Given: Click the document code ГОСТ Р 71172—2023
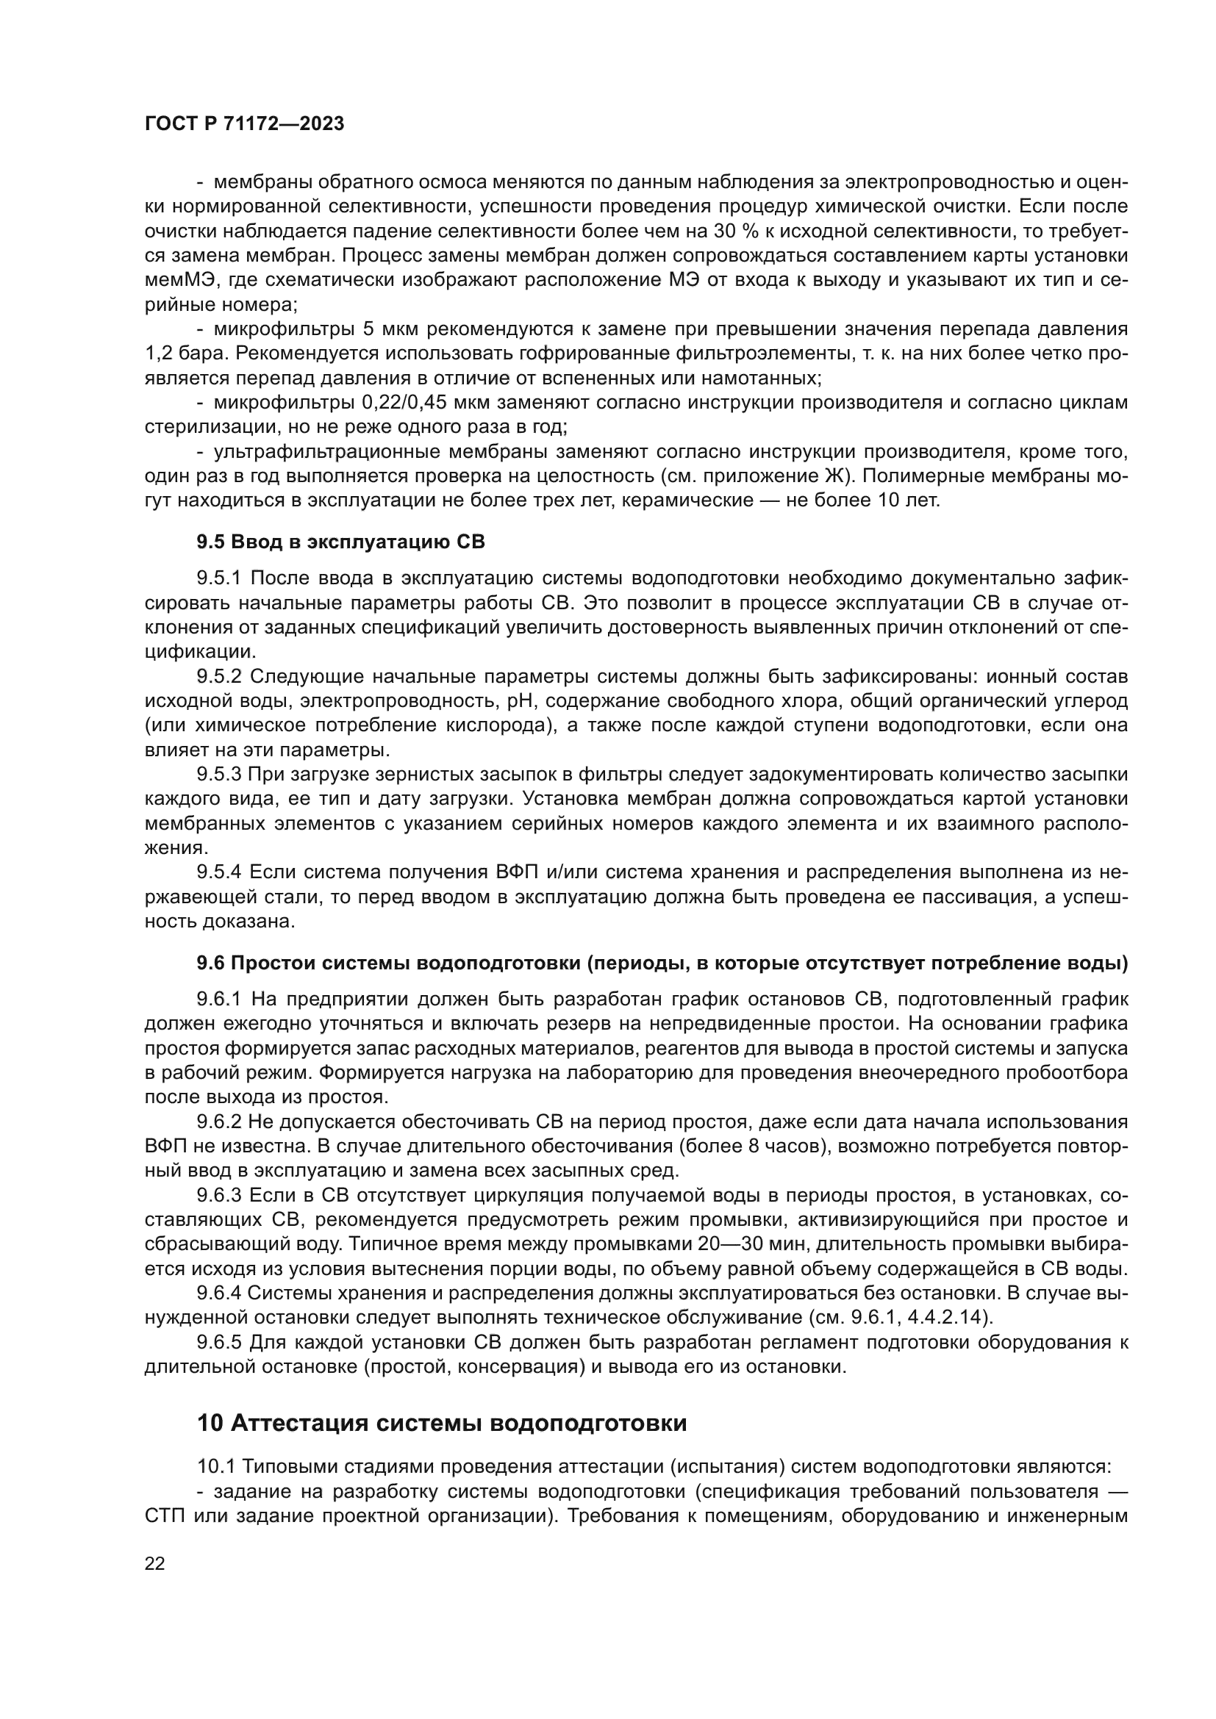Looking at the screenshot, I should tap(244, 124).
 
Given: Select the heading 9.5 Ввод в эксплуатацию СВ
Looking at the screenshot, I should tap(340, 542).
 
